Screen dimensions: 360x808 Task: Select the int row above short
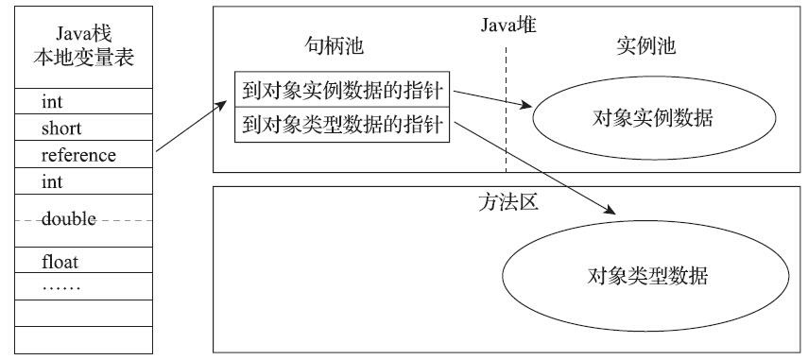[52, 100]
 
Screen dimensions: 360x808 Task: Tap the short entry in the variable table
[61, 128]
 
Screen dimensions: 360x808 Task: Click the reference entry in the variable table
[78, 154]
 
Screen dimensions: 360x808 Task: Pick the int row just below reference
[52, 180]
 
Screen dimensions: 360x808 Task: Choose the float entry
[59, 259]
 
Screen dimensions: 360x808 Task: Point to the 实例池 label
[646, 46]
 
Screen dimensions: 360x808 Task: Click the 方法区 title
[507, 201]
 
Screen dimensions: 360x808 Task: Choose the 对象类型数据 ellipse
[646, 276]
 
